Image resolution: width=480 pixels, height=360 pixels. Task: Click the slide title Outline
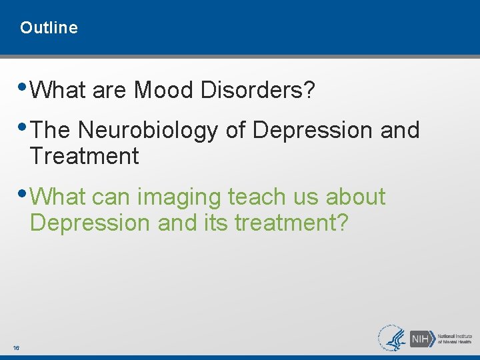49,28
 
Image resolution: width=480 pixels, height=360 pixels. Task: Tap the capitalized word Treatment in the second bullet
84,157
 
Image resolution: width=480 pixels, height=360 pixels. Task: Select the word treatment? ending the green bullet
291,223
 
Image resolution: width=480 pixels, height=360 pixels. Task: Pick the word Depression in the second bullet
312,131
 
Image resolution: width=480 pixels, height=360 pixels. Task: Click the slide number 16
15,348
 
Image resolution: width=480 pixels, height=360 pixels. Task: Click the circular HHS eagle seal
392,338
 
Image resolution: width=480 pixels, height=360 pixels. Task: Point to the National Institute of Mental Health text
455,338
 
